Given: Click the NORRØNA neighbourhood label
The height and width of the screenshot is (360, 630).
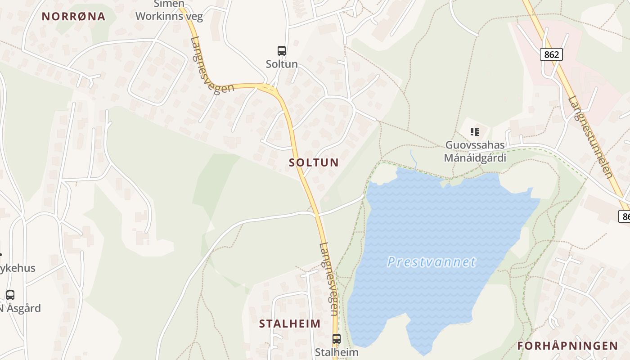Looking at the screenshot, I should pos(73,17).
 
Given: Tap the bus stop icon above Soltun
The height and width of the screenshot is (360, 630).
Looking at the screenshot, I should pos(282,51).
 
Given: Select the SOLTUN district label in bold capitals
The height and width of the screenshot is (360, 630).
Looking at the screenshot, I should pos(314,162).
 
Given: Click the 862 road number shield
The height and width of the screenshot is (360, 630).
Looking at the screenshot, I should pos(551,54).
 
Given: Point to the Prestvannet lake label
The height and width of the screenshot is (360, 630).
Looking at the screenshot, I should pos(431,261).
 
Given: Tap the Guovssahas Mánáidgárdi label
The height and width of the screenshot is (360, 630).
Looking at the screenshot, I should pos(475,152).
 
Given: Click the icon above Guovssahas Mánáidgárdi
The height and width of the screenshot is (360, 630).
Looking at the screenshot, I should pos(474,132).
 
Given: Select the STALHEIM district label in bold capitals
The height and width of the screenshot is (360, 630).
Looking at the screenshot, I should pos(290,323).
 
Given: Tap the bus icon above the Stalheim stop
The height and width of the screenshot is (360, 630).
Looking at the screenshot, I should pos(337,339).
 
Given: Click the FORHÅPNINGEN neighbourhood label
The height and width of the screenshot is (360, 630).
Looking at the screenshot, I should pos(567,346).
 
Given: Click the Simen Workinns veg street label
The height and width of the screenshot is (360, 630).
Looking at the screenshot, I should pos(169,11).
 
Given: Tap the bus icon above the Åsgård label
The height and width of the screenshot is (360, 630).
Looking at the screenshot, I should pos(10,295).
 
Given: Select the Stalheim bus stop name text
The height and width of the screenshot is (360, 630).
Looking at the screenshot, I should pos(337,352).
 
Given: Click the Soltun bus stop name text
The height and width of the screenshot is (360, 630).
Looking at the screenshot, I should pos(282,64).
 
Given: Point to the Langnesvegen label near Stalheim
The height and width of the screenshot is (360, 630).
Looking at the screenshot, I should pos(329,279).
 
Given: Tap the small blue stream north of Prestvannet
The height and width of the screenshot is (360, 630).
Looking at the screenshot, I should pos(413,159).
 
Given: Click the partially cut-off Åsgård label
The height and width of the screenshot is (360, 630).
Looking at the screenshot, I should pos(21,309).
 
